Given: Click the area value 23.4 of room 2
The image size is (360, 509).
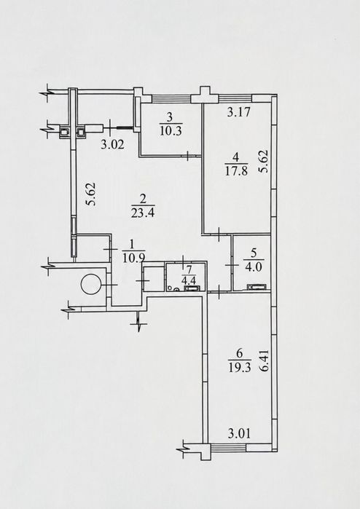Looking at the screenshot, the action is pyautogui.click(x=143, y=213).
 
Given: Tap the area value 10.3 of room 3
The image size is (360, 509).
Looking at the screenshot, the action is pyautogui.click(x=171, y=131).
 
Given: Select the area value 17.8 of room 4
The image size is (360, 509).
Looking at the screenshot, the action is pyautogui.click(x=236, y=170).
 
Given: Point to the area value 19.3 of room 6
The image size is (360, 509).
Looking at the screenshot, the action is pyautogui.click(x=240, y=367).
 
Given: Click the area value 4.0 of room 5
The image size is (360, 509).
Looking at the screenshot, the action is pyautogui.click(x=254, y=267).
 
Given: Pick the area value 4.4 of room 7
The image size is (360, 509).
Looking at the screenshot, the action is pyautogui.click(x=187, y=278).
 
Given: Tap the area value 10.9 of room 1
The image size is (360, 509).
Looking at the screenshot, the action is pyautogui.click(x=133, y=257).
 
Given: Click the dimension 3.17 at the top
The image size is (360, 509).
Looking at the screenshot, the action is pyautogui.click(x=239, y=112).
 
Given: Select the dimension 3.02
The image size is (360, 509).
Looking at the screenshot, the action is pyautogui.click(x=112, y=144).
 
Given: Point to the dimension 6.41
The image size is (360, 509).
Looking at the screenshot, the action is pyautogui.click(x=265, y=360).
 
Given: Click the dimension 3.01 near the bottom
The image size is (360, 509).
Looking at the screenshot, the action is pyautogui.click(x=239, y=433).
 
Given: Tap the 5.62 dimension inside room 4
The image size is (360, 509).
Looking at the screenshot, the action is pyautogui.click(x=263, y=161).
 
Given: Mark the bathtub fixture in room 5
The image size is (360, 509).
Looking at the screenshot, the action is pyautogui.click(x=257, y=287).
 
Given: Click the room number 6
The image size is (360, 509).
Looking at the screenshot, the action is pyautogui.click(x=240, y=353).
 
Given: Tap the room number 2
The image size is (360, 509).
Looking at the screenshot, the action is pyautogui.click(x=143, y=199).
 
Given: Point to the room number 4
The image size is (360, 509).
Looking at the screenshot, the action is pyautogui.click(x=236, y=158).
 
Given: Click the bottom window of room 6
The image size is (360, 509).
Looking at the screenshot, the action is pyautogui.click(x=228, y=448).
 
